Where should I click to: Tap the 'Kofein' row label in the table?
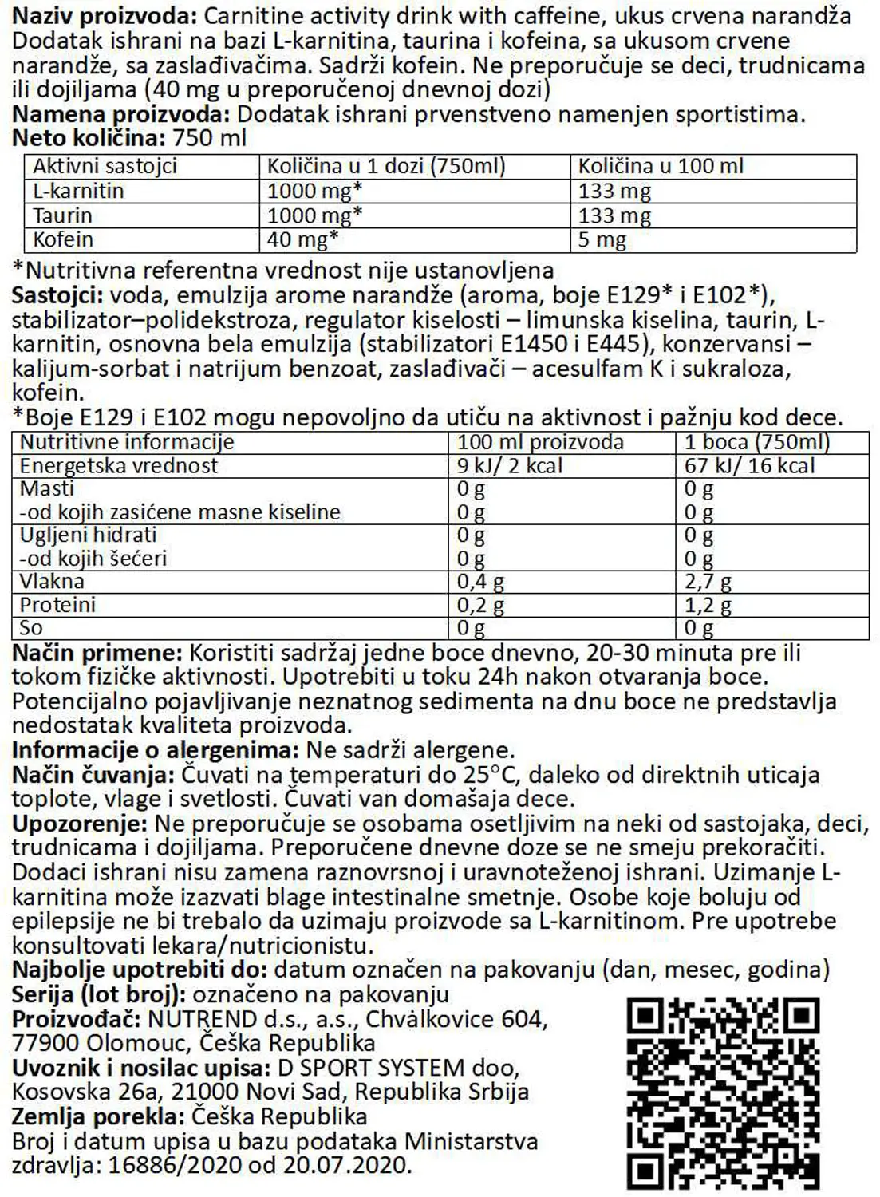(63, 240)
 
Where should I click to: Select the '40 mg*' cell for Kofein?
(303, 240)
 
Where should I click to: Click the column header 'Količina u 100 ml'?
(661, 166)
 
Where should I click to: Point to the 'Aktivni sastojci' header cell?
(105, 166)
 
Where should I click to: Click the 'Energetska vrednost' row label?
(118, 466)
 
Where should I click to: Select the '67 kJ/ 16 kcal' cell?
(749, 466)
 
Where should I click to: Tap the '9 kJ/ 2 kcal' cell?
(509, 466)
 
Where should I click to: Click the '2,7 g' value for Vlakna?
(708, 583)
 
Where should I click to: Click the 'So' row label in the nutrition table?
(31, 628)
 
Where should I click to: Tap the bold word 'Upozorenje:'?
(80, 824)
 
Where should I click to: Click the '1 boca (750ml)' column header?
(757, 443)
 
